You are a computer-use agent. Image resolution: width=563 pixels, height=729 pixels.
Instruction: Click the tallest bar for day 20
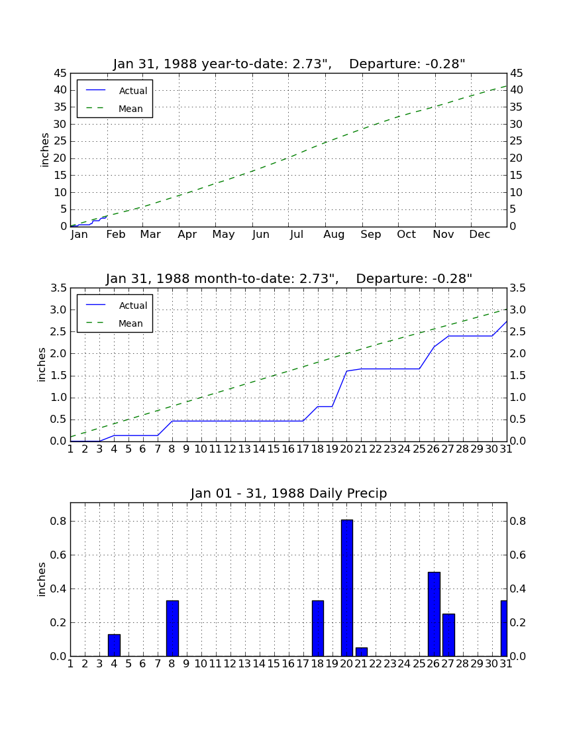346,588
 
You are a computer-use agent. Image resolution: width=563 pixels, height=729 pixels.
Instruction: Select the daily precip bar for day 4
114,645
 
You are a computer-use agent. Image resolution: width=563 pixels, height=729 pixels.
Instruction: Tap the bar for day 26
434,614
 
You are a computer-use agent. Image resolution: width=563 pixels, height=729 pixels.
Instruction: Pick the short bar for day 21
362,652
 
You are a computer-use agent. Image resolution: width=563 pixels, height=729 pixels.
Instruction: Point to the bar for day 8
172,628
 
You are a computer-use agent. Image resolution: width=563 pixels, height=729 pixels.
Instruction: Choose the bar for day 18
318,628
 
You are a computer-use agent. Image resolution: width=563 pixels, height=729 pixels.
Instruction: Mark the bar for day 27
448,635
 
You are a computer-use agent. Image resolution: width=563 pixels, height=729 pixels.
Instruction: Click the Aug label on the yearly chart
334,235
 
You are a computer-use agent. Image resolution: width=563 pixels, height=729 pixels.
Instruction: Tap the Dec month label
480,235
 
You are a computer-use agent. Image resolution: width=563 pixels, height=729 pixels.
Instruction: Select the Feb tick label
116,235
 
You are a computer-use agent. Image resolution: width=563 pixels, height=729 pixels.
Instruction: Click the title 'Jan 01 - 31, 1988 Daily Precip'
289,493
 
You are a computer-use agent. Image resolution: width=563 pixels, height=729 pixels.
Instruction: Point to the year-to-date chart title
289,64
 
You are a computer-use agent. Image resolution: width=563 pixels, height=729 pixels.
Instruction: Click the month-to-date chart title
289,278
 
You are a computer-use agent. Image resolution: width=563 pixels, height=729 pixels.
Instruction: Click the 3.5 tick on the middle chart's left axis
58,288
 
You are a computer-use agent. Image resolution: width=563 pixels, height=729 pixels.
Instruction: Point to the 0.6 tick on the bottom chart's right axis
517,555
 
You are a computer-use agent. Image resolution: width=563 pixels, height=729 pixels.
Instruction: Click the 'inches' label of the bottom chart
41,579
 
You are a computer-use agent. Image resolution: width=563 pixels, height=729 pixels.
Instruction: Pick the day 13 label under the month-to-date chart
244,449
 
